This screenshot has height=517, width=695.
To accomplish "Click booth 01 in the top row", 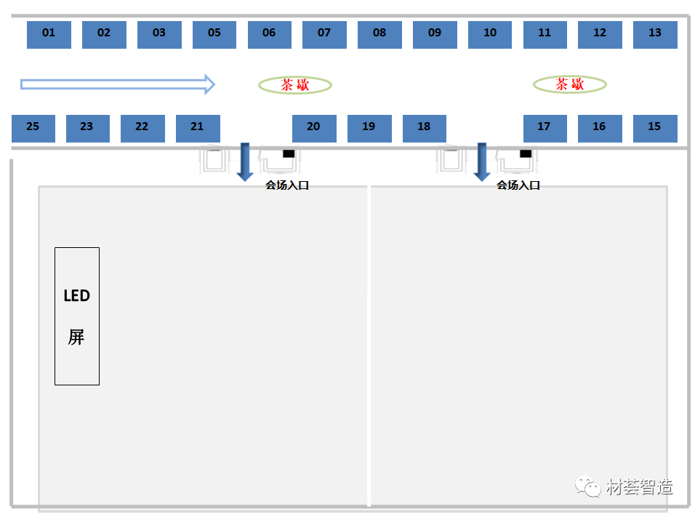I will (x=49, y=34).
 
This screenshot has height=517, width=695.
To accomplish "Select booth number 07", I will (x=324, y=34).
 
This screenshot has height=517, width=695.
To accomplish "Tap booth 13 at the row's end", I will (x=655, y=34).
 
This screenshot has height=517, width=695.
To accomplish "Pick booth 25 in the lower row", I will (x=33, y=128).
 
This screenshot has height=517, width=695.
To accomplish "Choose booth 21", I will (x=198, y=128).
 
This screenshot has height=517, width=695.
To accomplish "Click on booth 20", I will (x=314, y=128).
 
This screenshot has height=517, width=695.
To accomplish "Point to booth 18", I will (x=425, y=128).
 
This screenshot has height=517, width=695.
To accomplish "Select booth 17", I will (x=545, y=128).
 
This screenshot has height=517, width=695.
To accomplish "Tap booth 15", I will (x=655, y=128).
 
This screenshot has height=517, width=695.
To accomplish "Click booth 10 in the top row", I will (x=490, y=34).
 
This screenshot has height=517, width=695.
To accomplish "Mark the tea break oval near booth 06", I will (x=295, y=85).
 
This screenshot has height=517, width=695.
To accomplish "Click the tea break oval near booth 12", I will (x=570, y=85).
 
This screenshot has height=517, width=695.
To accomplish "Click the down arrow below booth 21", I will (x=245, y=162).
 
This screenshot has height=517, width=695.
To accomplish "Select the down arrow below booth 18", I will (x=481, y=162).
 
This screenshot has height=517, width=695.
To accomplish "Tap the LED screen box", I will (x=77, y=316).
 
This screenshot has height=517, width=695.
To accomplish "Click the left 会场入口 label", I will (x=287, y=185).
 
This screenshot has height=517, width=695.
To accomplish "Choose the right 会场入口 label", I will (x=518, y=185).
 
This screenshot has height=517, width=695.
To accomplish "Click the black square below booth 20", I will (x=289, y=153).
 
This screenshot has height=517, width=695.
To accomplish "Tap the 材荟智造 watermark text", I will (x=639, y=486).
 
